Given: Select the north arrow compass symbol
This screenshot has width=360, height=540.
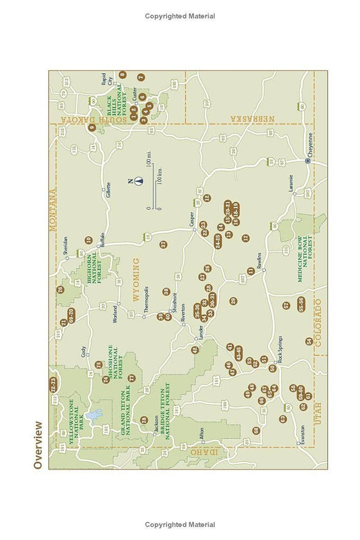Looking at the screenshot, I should point(139,181).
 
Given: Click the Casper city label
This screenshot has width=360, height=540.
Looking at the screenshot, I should point(190,225).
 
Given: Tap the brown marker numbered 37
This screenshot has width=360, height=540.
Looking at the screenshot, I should point(163,244).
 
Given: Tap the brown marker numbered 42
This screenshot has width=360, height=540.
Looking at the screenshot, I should point(195,350).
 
